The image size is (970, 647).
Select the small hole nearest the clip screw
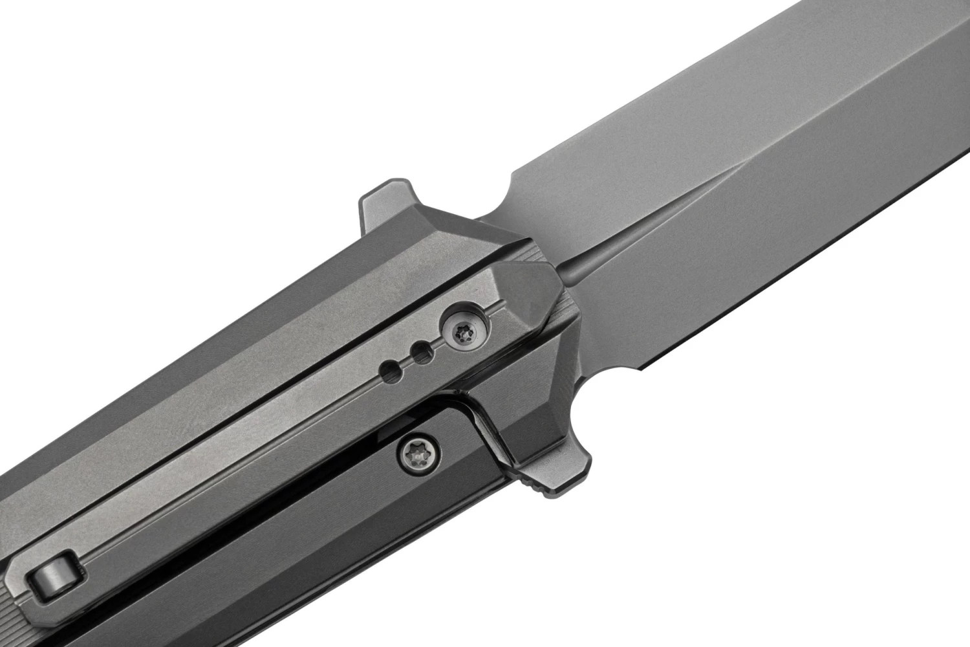coord(424,351)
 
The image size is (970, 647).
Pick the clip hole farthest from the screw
coord(391,371)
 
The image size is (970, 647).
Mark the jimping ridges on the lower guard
coord(533,488)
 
